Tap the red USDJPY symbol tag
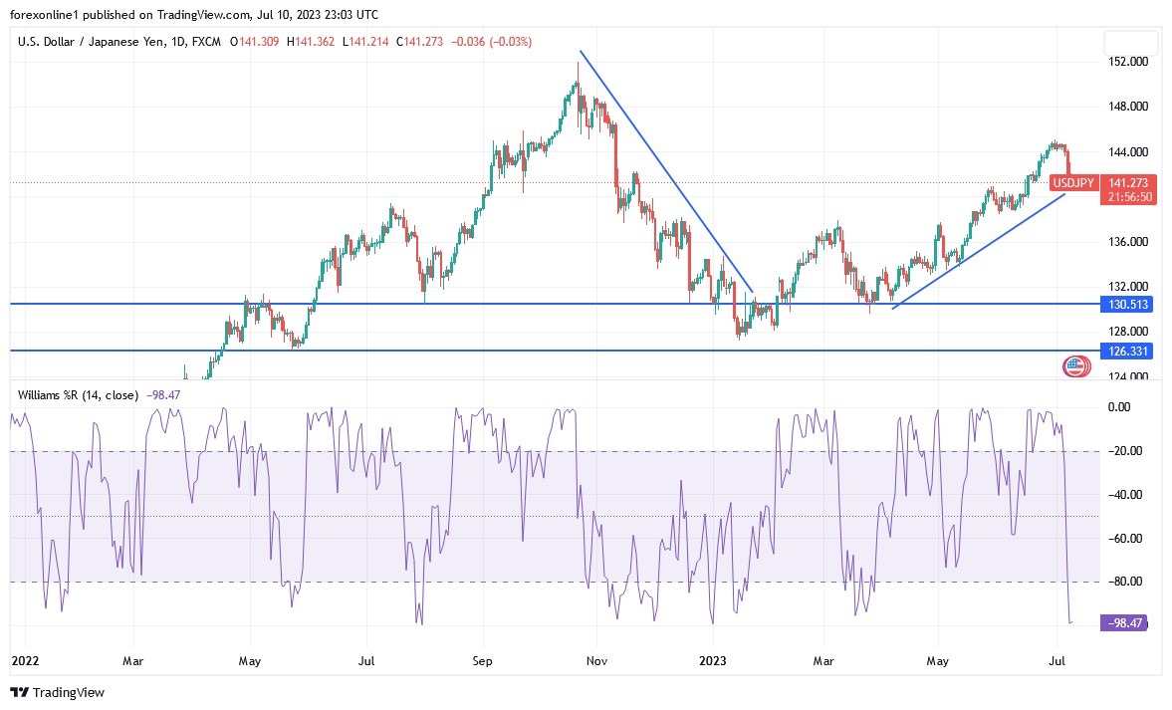tap(1076, 183)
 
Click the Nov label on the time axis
tap(596, 658)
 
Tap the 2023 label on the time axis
tap(713, 658)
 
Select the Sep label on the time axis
tap(482, 658)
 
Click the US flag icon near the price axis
tap(1074, 366)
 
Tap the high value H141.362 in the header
tap(312, 42)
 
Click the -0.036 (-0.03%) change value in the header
tap(492, 42)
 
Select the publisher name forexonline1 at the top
tap(48, 14)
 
